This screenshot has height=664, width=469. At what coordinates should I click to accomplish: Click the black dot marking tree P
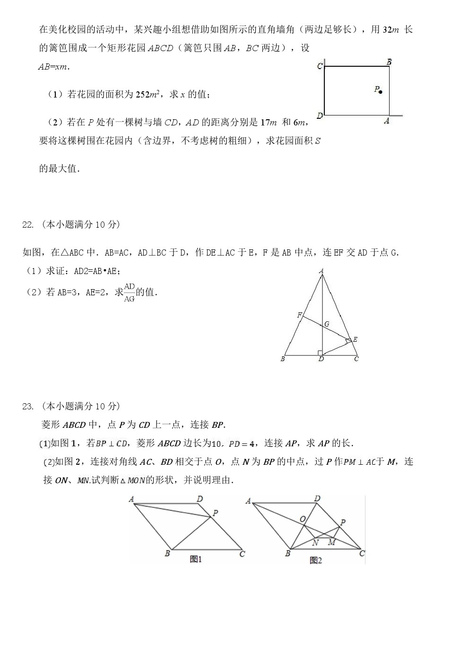[381, 91]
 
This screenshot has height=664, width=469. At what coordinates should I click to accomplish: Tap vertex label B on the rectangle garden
[389, 62]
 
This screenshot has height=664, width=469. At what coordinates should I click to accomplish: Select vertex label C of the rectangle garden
[320, 66]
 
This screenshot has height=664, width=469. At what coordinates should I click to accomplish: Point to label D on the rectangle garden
[320, 115]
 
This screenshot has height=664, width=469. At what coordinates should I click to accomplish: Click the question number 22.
[28, 225]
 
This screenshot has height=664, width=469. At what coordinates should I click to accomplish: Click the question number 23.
[28, 406]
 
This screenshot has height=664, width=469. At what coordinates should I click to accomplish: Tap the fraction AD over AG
[129, 292]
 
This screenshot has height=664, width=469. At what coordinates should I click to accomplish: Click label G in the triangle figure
[327, 324]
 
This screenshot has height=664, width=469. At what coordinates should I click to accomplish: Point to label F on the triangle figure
[299, 315]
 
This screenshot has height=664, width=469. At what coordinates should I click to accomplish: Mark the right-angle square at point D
[320, 353]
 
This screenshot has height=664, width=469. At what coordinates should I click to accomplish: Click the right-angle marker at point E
[348, 340]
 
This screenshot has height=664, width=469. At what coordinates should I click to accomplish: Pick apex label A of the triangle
[321, 271]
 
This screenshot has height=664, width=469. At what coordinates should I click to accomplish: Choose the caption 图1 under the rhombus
[196, 559]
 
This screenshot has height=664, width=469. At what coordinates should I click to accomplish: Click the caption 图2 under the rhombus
[315, 560]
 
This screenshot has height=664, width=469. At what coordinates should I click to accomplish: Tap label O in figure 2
[303, 519]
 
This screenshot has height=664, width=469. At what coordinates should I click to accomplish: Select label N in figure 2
[315, 542]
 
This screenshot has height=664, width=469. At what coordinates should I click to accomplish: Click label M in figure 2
[331, 542]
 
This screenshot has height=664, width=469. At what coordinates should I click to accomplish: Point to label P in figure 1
[216, 513]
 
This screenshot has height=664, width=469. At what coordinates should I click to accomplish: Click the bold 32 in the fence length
[387, 29]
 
